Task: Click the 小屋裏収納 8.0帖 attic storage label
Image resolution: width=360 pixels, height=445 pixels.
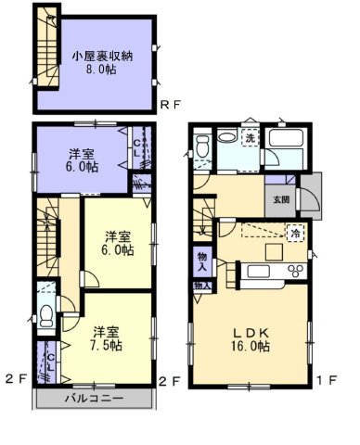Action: click(102, 63)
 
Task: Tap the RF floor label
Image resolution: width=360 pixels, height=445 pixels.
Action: click(170, 106)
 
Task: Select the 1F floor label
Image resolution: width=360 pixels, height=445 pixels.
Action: click(328, 380)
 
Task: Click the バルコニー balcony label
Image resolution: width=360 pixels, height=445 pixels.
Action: click(94, 398)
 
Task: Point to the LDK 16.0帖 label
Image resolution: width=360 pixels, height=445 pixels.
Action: click(251, 340)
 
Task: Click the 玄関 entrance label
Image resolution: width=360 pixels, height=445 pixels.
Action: click(281, 199)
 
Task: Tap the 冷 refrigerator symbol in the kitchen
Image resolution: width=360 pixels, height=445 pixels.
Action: click(296, 233)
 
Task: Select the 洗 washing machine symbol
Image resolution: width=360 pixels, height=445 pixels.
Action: click(251, 138)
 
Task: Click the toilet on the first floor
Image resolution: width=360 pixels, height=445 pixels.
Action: click(203, 146)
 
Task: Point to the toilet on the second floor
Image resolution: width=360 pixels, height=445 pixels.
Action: click(46, 316)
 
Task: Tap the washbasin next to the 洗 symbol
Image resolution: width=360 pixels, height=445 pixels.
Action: click(226, 137)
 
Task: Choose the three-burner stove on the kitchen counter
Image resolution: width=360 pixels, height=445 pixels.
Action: click(296, 271)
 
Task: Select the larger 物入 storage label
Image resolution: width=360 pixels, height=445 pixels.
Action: click(202, 261)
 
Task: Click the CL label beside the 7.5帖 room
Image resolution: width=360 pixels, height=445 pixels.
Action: click(51, 362)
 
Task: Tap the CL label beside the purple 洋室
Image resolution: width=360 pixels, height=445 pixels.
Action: click(137, 147)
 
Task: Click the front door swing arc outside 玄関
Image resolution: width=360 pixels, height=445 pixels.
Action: click(315, 197)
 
